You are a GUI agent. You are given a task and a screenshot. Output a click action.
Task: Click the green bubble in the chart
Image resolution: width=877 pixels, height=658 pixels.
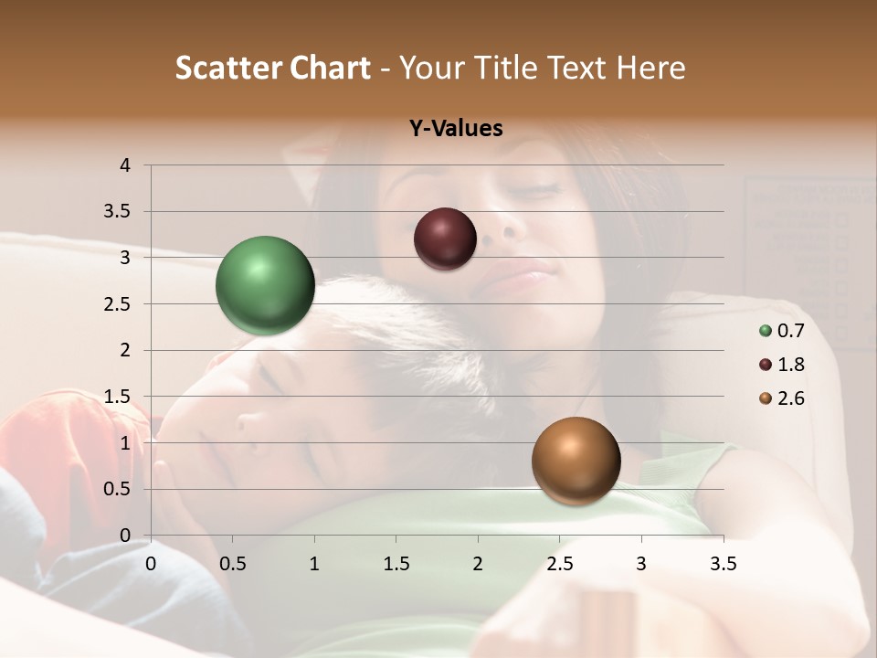tap(265, 285)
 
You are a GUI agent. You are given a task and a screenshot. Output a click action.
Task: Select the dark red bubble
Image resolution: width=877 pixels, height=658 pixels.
tap(445, 239)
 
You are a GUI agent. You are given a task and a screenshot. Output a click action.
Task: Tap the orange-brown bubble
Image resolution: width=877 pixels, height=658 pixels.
tap(576, 461)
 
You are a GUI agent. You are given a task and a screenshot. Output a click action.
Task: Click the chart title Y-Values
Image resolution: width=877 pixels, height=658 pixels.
tap(456, 129)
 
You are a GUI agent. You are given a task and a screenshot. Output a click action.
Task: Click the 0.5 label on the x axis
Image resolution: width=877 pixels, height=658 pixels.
tap(232, 564)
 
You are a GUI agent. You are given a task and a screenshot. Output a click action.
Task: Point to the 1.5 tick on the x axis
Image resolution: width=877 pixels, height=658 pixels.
tap(396, 564)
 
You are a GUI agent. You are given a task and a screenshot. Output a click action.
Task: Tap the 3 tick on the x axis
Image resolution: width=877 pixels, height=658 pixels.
tap(641, 564)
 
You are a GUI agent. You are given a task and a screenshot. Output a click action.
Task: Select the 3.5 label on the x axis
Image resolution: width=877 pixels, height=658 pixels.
tap(723, 564)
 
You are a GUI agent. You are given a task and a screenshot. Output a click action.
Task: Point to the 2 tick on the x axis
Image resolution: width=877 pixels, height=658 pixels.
tap(478, 564)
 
